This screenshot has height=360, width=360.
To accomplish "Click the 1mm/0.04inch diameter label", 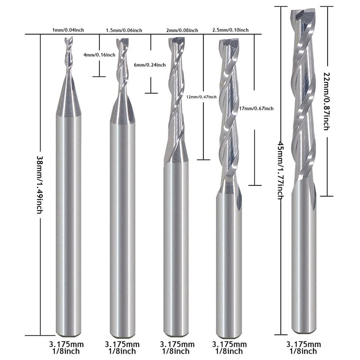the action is click(x=68, y=30).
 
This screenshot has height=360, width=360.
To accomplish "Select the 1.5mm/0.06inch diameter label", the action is click(x=124, y=30).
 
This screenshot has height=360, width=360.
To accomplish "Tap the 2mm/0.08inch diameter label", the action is click(x=182, y=30).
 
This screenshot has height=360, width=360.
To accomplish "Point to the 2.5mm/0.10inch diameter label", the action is click(x=230, y=30).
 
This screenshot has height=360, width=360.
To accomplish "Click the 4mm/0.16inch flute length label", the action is click(x=99, y=55).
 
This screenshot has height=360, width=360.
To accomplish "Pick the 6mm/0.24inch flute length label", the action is click(x=150, y=65).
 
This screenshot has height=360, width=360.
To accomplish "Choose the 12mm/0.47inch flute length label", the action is click(x=201, y=97).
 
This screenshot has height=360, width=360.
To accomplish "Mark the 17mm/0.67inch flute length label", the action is click(x=256, y=108).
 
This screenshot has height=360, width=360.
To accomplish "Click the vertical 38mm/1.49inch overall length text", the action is click(x=40, y=185).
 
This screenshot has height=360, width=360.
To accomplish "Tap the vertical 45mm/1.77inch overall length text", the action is click(x=281, y=170).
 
